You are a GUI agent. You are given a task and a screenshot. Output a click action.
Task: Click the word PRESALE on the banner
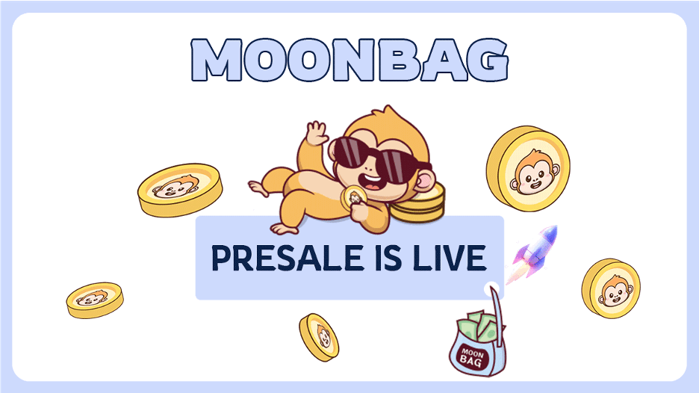pos(287,258)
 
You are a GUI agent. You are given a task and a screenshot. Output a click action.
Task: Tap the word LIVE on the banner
pos(449,258)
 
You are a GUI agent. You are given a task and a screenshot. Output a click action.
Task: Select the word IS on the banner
pos(386,258)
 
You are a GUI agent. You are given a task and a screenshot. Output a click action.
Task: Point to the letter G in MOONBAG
pos(488,61)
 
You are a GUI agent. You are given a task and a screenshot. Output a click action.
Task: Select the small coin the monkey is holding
pos(353,196)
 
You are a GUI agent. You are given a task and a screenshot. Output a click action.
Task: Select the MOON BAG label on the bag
pos(472,358)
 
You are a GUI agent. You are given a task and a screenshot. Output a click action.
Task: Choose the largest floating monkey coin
pos(528,168)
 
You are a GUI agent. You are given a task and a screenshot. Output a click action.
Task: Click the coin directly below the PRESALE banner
pos(319,337)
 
